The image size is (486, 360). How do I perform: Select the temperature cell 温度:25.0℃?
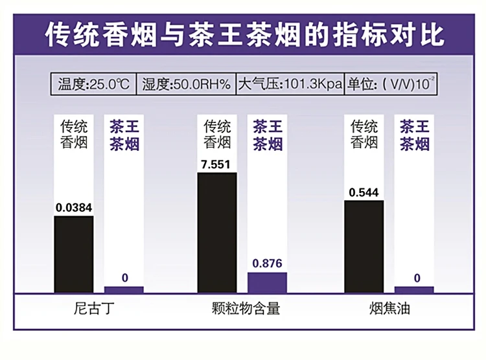click(x=94, y=84)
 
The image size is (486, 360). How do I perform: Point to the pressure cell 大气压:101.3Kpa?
click(x=290, y=84)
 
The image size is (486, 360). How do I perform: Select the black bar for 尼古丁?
click(x=73, y=254)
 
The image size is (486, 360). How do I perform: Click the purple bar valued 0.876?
click(x=267, y=282)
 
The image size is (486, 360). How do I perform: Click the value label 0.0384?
click(x=73, y=208)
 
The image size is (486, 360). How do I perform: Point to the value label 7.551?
click(x=216, y=164)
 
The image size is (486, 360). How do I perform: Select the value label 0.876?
click(x=267, y=264)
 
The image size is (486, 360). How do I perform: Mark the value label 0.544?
click(x=364, y=192)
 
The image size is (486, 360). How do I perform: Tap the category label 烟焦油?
click(x=389, y=308)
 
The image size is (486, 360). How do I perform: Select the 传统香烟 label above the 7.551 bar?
click(x=217, y=133)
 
